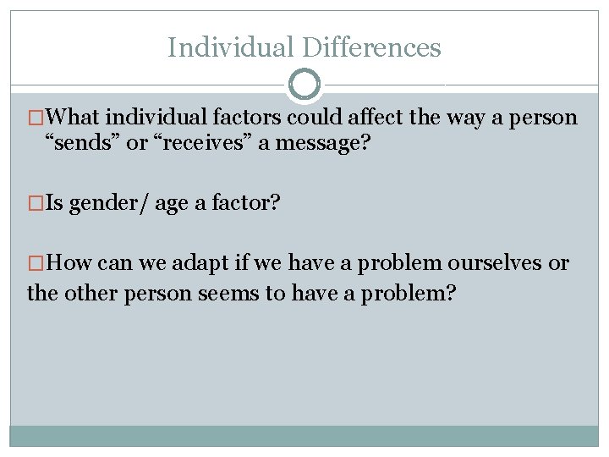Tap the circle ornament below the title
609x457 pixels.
click(304, 85)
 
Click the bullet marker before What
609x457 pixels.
click(36, 118)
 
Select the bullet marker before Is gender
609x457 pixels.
click(36, 203)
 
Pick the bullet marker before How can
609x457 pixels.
click(36, 263)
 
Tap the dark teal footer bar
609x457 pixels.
click(304, 435)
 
